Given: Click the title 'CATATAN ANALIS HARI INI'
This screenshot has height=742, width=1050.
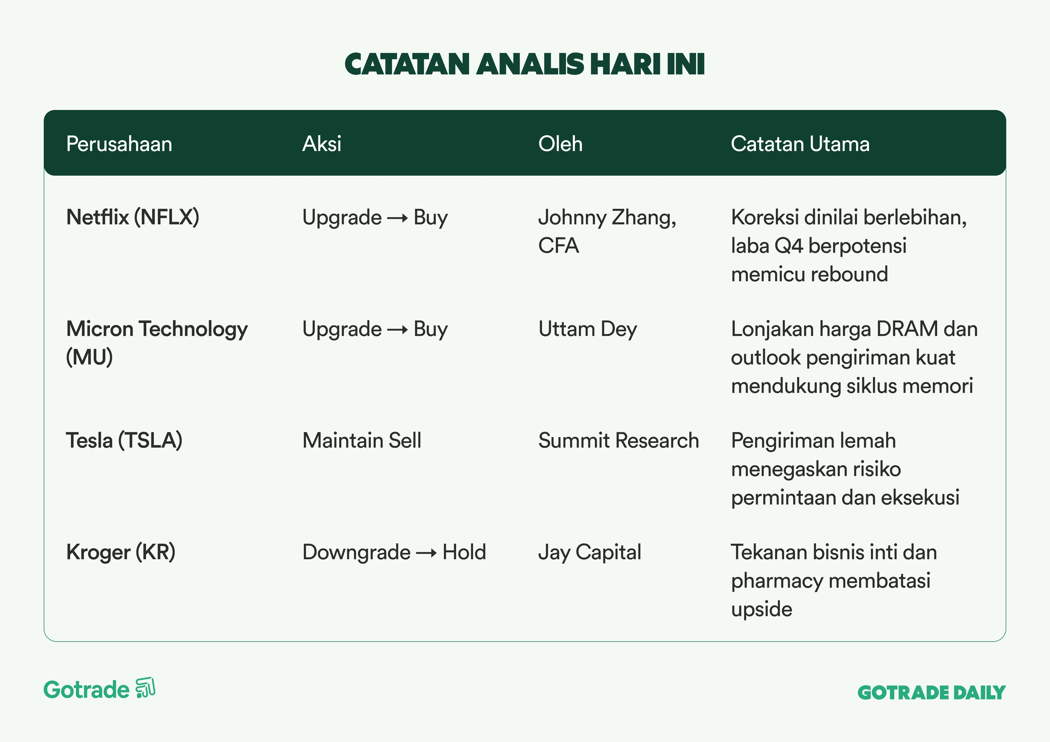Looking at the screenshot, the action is click(524, 64).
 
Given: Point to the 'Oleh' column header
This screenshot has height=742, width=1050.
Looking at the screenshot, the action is click(560, 144).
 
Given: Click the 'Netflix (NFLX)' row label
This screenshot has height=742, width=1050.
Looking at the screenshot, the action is click(133, 217).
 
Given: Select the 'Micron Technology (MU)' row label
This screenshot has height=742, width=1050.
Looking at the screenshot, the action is click(157, 343).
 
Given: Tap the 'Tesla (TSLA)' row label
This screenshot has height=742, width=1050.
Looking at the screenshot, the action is click(124, 440).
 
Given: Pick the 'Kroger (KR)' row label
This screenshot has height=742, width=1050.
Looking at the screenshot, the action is click(121, 552).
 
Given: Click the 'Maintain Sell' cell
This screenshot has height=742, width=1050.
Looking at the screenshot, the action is click(362, 440).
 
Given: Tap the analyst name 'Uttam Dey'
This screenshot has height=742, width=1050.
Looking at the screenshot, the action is click(588, 329).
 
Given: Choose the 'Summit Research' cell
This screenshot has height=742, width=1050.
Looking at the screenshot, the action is click(618, 440).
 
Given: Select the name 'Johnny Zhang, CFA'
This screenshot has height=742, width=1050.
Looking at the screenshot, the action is click(607, 231).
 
